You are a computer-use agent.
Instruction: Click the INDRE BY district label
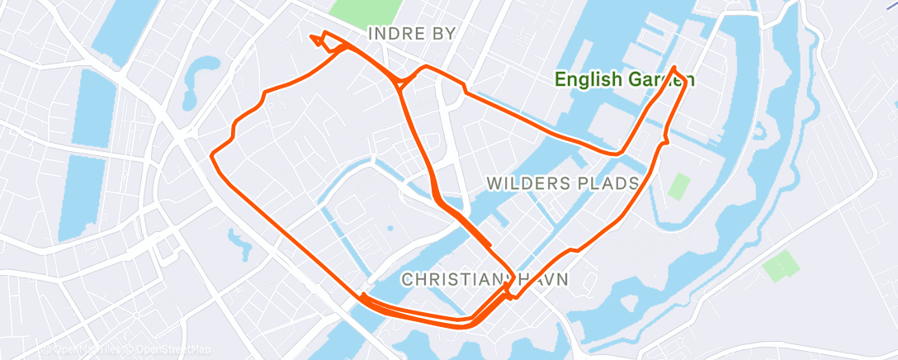[x=411, y=33]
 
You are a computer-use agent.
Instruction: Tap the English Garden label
[x=624, y=80]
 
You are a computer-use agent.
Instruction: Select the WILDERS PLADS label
[x=563, y=182]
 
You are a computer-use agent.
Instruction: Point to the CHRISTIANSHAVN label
[x=485, y=280]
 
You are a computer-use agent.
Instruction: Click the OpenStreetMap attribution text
[x=168, y=350]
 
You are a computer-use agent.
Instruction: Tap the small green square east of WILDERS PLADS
[x=678, y=186]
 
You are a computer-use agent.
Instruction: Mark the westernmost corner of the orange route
[x=212, y=154]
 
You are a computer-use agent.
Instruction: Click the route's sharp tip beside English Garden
[x=675, y=68]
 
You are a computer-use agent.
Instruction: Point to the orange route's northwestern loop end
[x=312, y=36]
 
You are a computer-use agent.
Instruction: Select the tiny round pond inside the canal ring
[x=390, y=227]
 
